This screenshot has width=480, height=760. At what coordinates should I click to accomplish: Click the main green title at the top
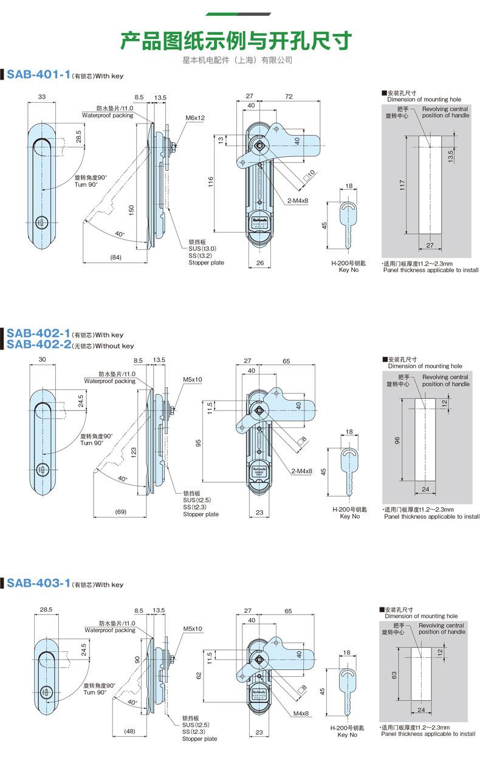point(236,41)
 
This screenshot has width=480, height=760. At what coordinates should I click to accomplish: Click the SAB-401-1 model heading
point(38,75)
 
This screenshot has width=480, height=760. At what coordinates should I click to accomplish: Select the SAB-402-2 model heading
point(38,345)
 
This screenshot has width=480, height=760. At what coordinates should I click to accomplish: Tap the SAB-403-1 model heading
point(38,584)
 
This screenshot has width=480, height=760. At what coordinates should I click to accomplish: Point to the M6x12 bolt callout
point(195,117)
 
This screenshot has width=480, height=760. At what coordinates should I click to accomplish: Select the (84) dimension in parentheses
point(116,257)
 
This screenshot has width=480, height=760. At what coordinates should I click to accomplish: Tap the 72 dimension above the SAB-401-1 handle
point(289,97)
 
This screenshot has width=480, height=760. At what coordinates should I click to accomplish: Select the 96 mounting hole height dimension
point(397,440)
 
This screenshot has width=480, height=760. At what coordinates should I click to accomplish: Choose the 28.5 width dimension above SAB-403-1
point(46,609)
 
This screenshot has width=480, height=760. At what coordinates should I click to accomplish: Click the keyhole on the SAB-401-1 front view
point(42,222)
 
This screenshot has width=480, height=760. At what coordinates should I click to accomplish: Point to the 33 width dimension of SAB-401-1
point(41,97)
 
